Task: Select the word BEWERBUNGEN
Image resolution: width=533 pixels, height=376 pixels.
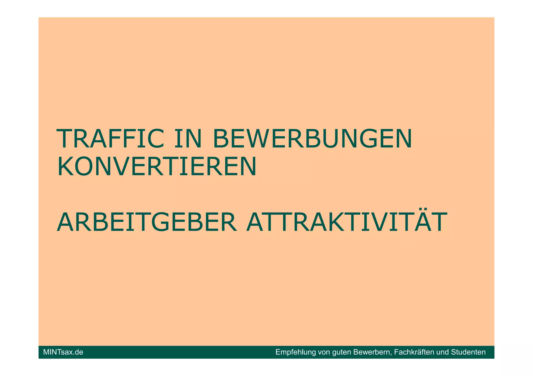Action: click(312, 139)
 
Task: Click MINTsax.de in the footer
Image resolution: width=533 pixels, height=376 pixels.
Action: click(63, 352)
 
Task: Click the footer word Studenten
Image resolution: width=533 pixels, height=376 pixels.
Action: click(468, 352)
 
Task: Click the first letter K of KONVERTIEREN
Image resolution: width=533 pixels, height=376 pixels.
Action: click(65, 167)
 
